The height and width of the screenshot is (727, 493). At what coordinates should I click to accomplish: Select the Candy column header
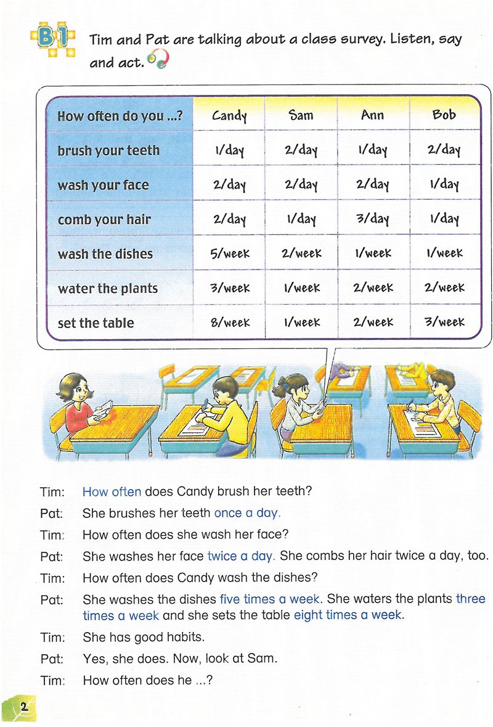229,115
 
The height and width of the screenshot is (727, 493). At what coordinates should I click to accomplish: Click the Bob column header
444,115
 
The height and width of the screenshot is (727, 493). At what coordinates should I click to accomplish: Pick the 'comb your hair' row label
104,220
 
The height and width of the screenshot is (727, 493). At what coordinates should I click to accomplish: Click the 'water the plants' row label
108,289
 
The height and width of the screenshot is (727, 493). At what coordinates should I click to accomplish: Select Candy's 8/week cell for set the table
229,322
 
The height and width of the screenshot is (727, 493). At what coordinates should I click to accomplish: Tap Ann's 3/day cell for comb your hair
372,219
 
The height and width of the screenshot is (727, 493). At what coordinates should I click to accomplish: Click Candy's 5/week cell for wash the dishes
229,253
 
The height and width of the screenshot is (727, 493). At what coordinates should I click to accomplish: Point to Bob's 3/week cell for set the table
444,322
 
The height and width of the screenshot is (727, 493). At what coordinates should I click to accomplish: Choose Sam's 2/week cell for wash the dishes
301,253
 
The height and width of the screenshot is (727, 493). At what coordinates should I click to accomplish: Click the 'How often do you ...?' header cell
120,116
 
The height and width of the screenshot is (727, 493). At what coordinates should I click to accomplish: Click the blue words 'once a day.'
246,513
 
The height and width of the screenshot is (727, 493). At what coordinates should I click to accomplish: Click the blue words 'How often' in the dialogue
112,492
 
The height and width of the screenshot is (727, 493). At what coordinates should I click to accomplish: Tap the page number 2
23,707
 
